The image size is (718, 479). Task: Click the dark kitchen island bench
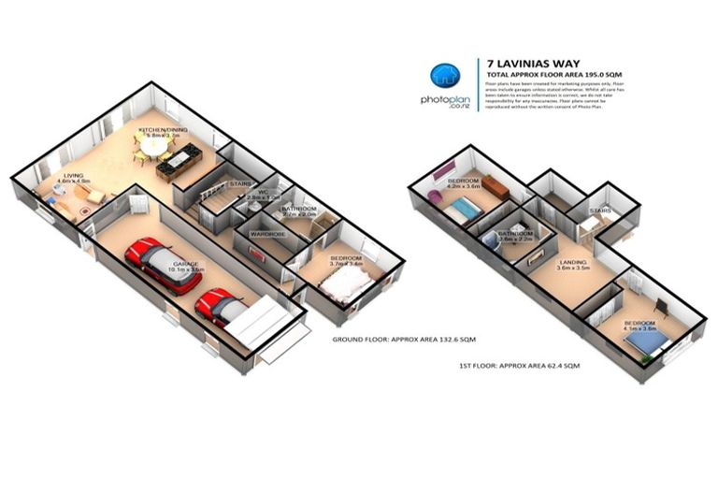177,165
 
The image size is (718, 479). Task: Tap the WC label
262,192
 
